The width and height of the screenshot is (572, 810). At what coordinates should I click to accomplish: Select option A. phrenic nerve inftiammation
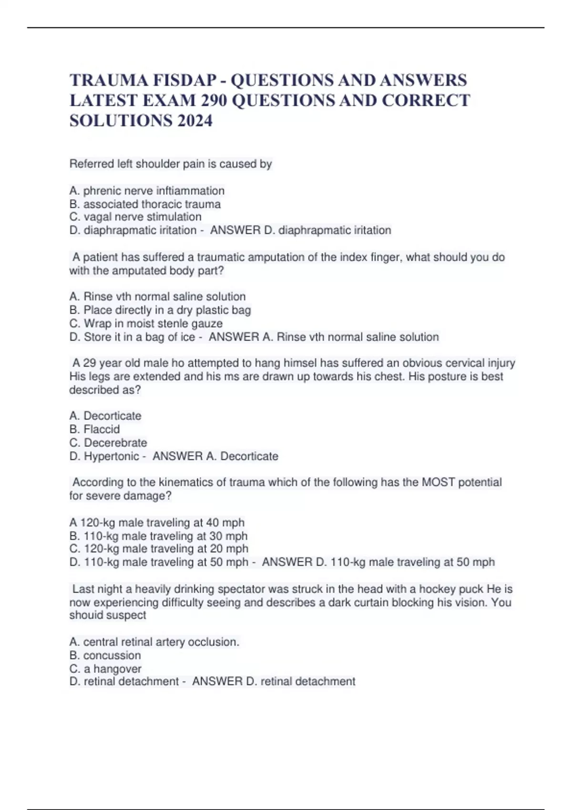[147, 191]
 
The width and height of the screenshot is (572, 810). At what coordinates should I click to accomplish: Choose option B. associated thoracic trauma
[145, 204]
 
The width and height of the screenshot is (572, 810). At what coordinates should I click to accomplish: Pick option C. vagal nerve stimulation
[135, 217]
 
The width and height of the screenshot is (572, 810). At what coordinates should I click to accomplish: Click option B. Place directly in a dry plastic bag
[160, 310]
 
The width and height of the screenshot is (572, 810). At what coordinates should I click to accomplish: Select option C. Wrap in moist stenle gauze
[146, 323]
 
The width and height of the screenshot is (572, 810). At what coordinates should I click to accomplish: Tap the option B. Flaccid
[94, 429]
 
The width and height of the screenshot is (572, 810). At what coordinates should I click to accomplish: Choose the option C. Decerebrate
[108, 442]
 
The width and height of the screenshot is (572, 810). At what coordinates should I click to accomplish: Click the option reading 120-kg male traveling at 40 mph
[157, 522]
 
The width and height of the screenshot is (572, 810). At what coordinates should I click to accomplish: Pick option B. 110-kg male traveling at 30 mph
[158, 536]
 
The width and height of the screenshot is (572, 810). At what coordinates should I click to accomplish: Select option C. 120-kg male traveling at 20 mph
[159, 548]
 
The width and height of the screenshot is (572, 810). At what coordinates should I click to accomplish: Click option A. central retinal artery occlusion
[154, 642]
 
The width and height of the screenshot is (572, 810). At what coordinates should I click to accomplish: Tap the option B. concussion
[105, 655]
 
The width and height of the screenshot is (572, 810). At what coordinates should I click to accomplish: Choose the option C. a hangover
[105, 668]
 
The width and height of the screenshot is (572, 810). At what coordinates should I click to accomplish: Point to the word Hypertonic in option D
[112, 456]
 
